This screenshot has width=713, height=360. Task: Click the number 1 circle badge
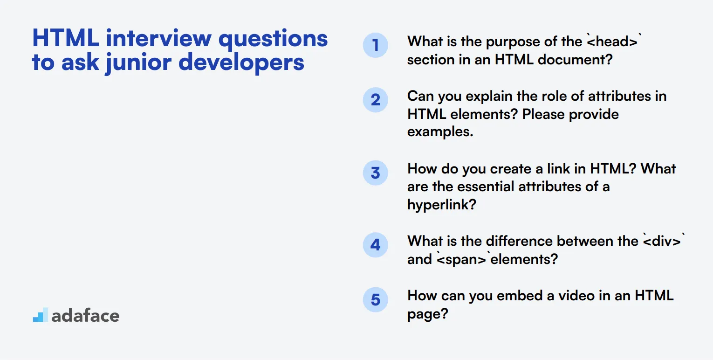click(x=375, y=45)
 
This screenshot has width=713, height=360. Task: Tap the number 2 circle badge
click(x=375, y=100)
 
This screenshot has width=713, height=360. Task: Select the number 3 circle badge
click(x=375, y=173)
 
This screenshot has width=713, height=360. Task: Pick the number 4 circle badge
click(x=375, y=245)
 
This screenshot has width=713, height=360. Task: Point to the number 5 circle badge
click(x=375, y=299)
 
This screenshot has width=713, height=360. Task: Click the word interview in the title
click(x=159, y=38)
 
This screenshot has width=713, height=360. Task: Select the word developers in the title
click(x=241, y=62)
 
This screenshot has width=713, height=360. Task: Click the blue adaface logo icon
click(x=41, y=315)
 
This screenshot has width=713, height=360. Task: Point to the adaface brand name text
click(x=85, y=316)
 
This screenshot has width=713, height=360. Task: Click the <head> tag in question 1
click(x=612, y=42)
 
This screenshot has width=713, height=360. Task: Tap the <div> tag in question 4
click(x=662, y=241)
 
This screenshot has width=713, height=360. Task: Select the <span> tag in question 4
click(x=461, y=259)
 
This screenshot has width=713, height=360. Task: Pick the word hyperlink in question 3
click(x=441, y=205)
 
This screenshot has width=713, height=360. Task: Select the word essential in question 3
click(x=486, y=187)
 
